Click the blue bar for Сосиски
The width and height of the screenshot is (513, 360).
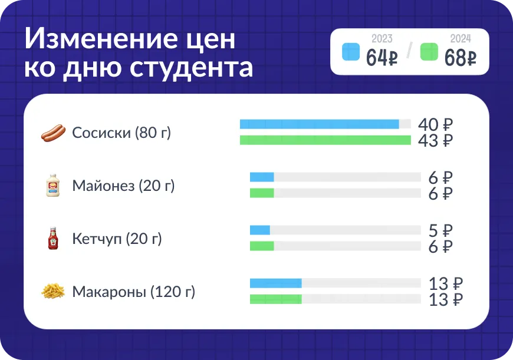[320, 124]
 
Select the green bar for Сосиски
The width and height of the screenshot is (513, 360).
[325, 140]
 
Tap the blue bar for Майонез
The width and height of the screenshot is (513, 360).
[262, 177]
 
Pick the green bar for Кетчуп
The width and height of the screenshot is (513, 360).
[262, 246]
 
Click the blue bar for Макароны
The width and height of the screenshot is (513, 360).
[276, 283]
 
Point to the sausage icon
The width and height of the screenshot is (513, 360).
[53, 133]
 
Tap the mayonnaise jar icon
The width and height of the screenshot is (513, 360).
[53, 185]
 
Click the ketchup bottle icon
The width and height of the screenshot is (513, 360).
[53, 239]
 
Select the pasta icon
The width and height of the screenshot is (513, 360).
[53, 291]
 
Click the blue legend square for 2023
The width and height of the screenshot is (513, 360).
[351, 52]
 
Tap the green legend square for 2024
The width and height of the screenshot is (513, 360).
[429, 52]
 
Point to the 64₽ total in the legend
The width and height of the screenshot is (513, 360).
[382, 58]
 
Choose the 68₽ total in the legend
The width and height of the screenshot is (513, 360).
[461, 58]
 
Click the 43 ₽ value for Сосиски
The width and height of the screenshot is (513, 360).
[436, 141]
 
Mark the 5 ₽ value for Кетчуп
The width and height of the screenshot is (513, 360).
[440, 230]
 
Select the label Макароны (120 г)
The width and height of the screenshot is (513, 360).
[133, 292]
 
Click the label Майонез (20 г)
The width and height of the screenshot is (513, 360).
[123, 186]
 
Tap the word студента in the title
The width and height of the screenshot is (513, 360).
[191, 68]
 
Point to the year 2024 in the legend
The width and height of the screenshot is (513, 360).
[461, 38]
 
